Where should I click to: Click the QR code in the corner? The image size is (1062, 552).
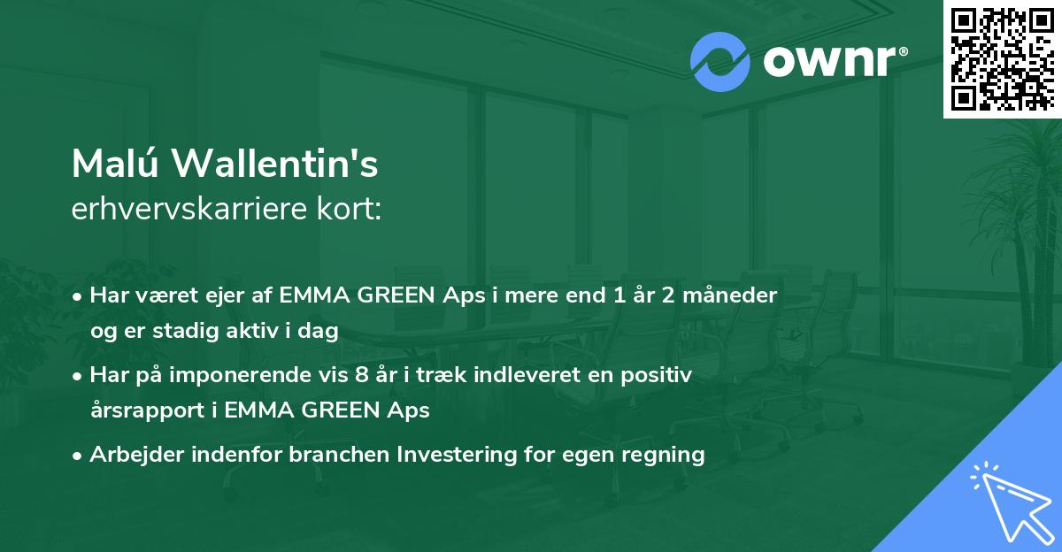1001,58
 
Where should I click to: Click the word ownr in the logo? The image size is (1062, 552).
834,62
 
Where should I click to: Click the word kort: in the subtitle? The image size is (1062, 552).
353,211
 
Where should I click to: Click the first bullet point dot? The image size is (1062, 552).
80,295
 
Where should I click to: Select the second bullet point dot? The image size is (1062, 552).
80,375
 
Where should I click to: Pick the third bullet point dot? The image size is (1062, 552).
80,456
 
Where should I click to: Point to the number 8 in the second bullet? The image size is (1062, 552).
360,375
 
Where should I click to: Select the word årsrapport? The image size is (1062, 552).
142,410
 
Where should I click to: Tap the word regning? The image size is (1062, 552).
663,456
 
